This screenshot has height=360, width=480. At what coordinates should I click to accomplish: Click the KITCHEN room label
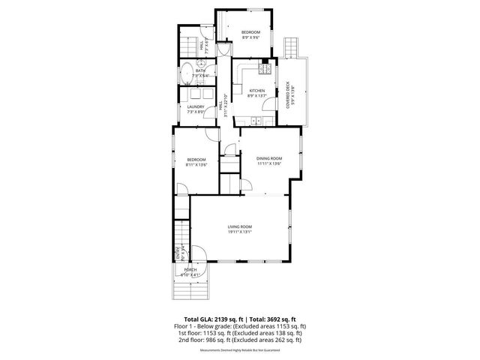click(257, 91)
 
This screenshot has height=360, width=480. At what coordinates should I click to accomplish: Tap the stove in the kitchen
click(264, 70)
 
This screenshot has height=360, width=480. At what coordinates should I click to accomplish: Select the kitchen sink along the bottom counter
click(256, 120)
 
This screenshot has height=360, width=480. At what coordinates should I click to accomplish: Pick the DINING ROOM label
click(268, 158)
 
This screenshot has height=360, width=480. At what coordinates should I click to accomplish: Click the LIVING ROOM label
click(240, 226)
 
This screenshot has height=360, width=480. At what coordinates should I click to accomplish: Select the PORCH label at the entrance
click(190, 269)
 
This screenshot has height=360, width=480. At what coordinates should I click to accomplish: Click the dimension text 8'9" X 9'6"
click(250, 37)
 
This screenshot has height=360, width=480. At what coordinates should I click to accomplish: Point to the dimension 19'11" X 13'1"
click(240, 232)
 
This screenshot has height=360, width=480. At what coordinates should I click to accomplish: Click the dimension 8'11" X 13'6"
click(196, 165)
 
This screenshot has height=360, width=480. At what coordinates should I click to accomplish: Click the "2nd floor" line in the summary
click(240, 340)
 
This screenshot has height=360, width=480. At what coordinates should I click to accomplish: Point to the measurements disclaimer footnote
click(240, 349)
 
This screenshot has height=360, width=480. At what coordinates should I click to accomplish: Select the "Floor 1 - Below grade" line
click(240, 327)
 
